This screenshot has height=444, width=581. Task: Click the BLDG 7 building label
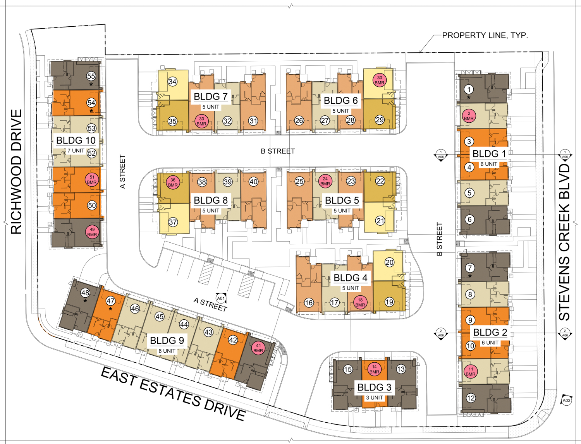210,96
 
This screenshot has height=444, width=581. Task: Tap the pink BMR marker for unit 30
379,80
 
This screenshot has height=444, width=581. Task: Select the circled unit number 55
91,76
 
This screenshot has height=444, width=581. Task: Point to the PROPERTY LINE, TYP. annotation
485,36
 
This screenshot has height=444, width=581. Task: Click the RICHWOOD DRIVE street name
16,171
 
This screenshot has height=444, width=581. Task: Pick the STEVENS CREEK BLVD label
564,242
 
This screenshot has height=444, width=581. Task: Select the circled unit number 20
389,262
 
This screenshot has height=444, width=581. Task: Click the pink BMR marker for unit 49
92,232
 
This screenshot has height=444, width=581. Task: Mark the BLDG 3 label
374,387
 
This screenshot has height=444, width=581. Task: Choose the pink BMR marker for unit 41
258,348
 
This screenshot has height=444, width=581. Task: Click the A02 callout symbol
566,401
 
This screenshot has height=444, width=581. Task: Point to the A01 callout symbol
221,298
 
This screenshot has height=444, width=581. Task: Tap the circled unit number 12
471,398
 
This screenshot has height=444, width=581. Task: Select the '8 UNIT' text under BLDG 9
167,351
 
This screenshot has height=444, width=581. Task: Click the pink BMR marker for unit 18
360,302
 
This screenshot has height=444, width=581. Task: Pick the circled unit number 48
85,293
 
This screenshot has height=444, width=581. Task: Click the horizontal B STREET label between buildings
278,151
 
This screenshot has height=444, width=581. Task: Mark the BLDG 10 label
76,140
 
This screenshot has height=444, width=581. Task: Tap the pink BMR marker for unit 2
469,116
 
